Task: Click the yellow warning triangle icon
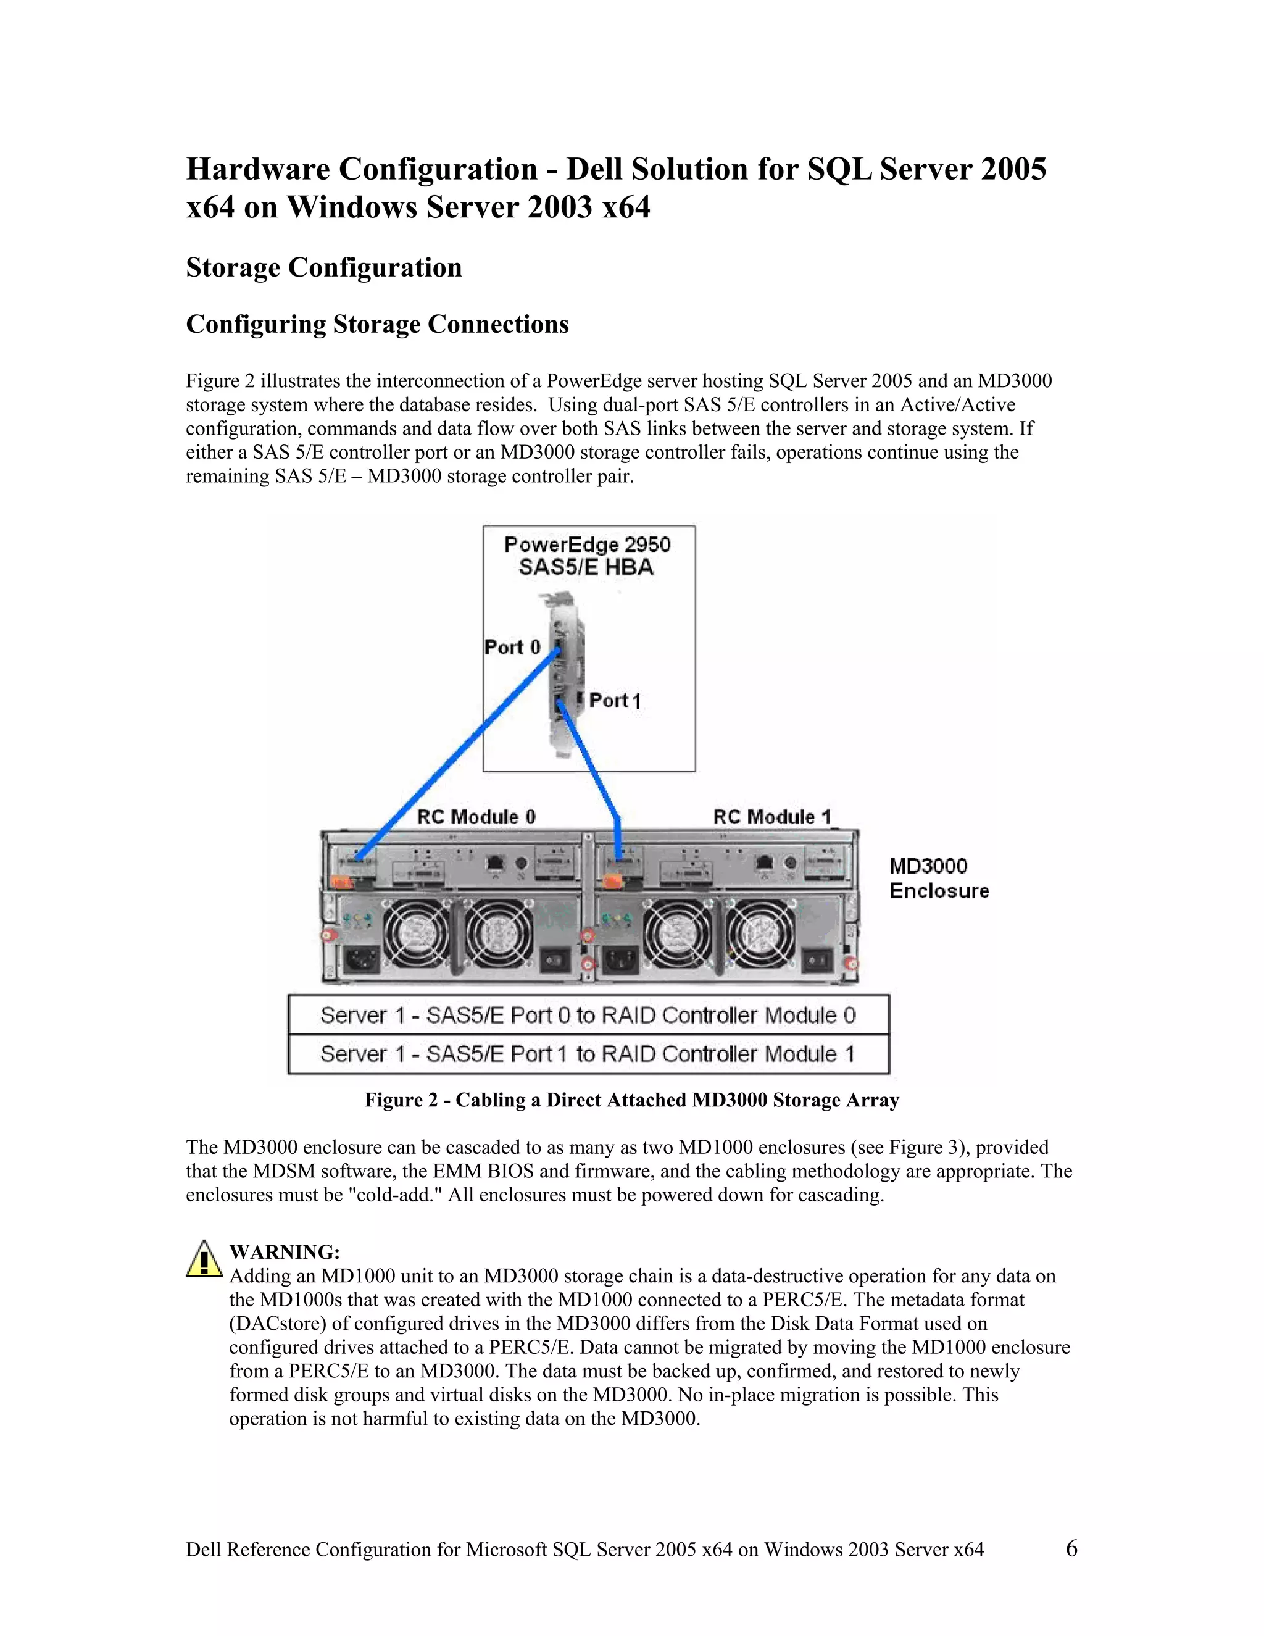(204, 1259)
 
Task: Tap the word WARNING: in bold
(285, 1252)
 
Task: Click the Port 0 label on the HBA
(512, 647)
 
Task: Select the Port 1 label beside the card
(615, 701)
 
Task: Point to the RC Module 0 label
(476, 817)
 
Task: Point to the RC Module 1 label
(772, 817)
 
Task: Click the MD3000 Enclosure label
(938, 879)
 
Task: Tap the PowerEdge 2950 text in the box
(588, 545)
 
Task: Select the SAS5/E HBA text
(586, 568)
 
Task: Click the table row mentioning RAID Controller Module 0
(589, 1015)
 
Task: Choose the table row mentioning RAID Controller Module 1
(589, 1054)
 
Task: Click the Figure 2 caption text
(631, 1100)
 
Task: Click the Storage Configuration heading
(323, 267)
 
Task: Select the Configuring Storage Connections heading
(377, 324)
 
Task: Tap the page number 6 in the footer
(1071, 1548)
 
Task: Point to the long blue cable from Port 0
(457, 755)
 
